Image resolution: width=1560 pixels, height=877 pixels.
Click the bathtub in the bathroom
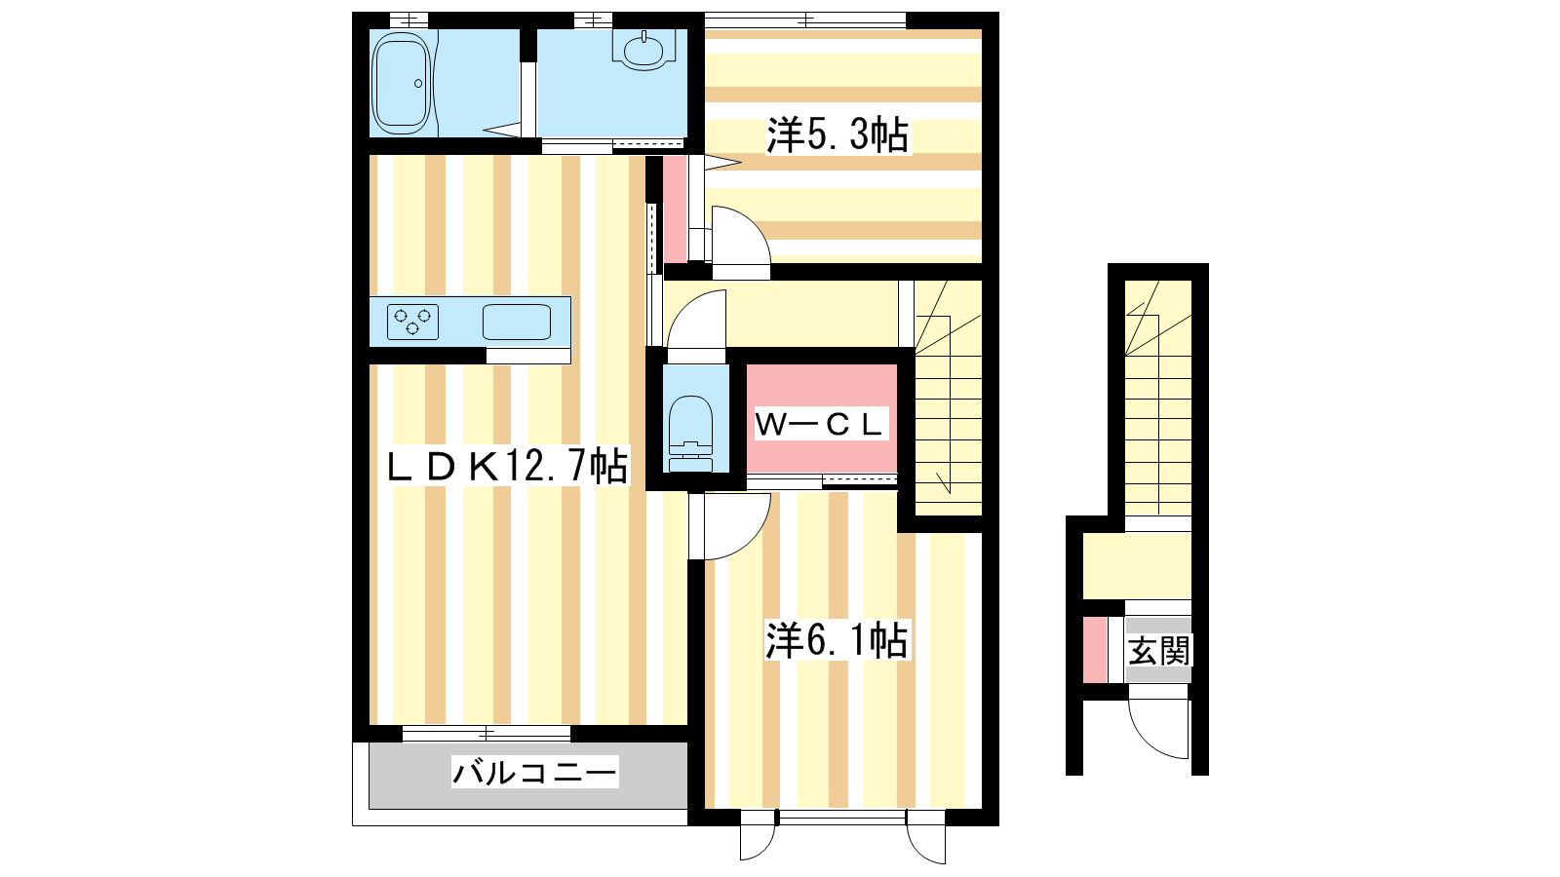coord(401,83)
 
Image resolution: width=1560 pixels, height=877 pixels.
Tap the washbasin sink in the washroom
coord(644,50)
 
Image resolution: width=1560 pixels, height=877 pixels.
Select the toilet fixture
coord(691,434)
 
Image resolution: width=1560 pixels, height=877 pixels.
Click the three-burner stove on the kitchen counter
coord(413,322)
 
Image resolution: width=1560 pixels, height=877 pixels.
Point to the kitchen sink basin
coord(517,322)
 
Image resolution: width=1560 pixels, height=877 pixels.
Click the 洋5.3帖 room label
coord(838,135)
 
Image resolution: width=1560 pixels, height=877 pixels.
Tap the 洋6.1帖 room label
coord(837,639)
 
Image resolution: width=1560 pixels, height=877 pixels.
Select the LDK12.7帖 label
coord(507,465)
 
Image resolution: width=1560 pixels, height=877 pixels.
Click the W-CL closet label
coord(820,424)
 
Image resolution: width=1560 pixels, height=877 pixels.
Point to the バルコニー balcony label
coord(535,772)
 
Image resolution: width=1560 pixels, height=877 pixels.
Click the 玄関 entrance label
coord(1159,651)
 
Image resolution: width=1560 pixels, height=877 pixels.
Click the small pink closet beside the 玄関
coord(1095,650)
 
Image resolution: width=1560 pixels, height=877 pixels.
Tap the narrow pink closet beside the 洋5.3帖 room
coord(675,210)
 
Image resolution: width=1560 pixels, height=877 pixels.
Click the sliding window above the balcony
coord(487,733)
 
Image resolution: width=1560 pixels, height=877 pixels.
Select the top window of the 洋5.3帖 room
coord(805,20)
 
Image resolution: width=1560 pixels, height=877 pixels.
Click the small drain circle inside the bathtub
coord(418,84)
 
